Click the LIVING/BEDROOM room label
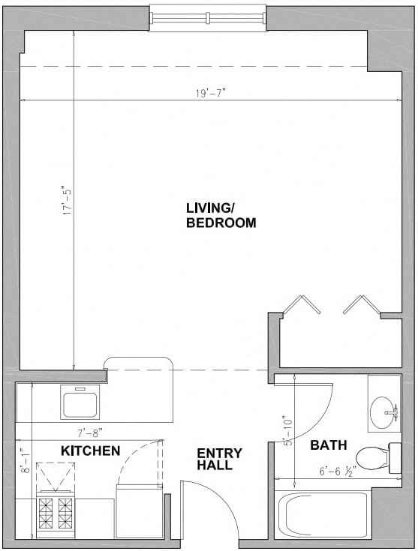[221, 215]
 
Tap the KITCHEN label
[90, 451]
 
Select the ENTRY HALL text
[219, 459]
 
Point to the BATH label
[329, 445]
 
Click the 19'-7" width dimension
[210, 93]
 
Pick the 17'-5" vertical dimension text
[67, 200]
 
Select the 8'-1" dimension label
[26, 460]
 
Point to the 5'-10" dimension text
[288, 432]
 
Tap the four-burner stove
[56, 514]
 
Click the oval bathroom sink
[383, 412]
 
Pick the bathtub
[323, 514]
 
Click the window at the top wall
[208, 17]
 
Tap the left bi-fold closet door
[302, 304]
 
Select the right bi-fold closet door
[362, 304]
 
